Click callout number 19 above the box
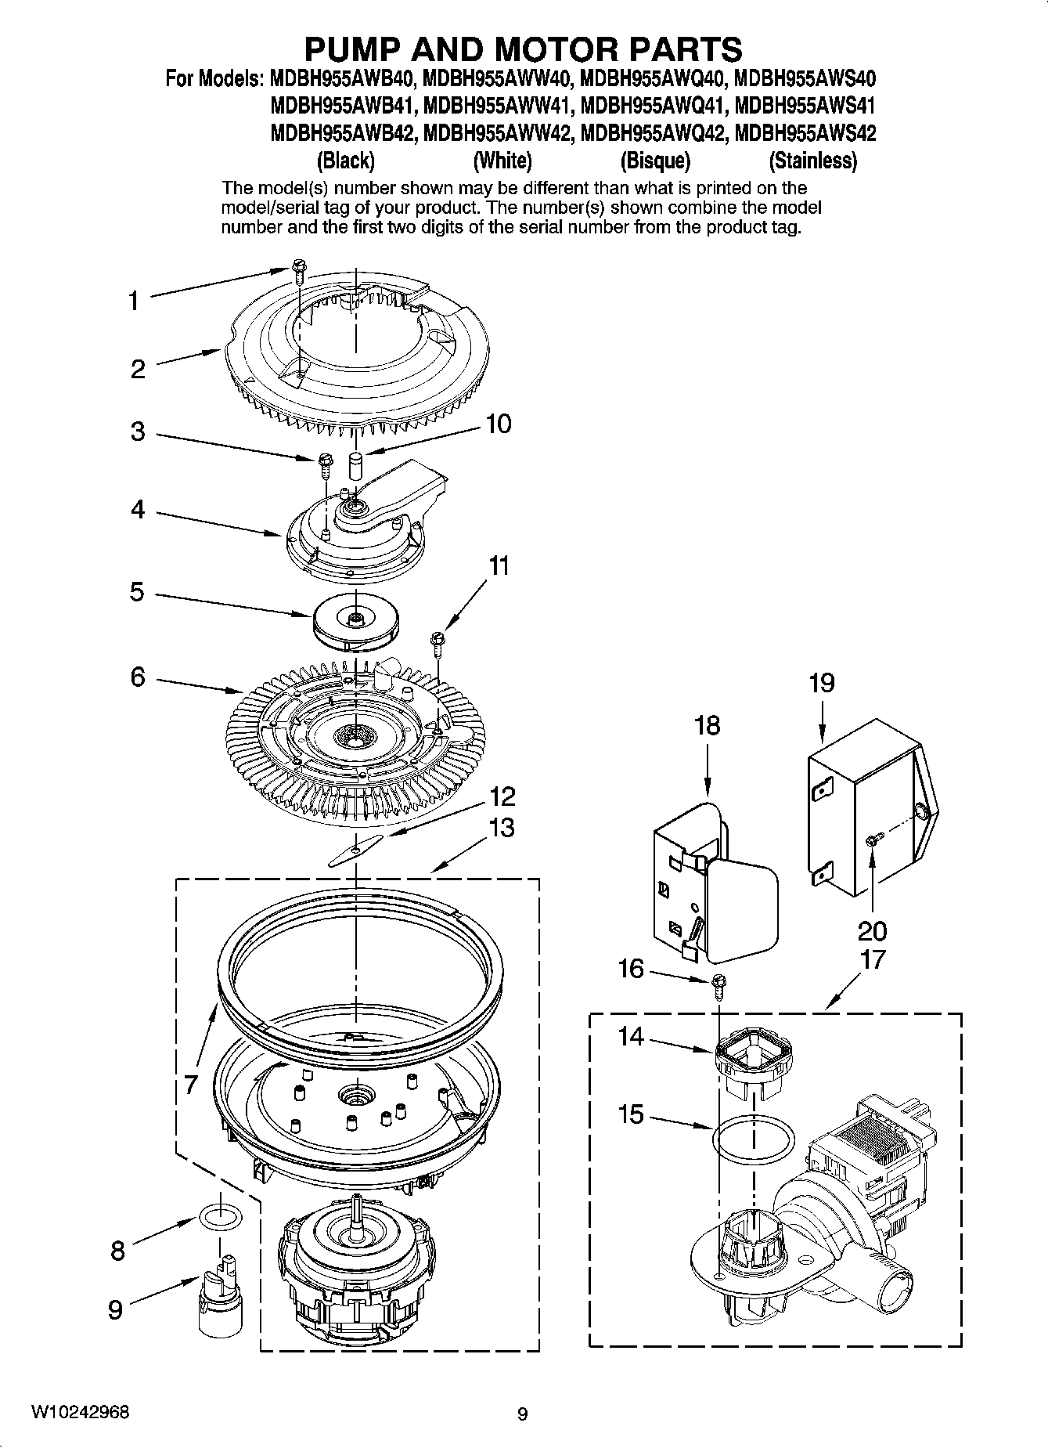tap(821, 684)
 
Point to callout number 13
tap(502, 828)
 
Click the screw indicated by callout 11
tap(437, 642)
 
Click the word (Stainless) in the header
tap(812, 161)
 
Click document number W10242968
tap(80, 1413)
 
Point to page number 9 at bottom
tap(522, 1414)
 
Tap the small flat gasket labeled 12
tap(356, 849)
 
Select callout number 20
tap(872, 931)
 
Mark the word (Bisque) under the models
tap(655, 161)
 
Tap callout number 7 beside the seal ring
tap(190, 1085)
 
